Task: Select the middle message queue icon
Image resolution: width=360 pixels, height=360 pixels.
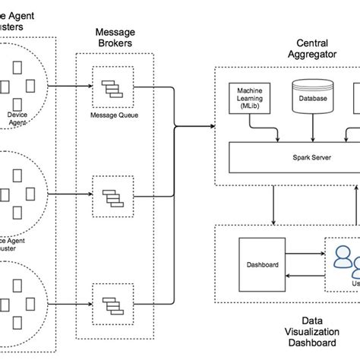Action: pyautogui.click(x=112, y=197)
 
